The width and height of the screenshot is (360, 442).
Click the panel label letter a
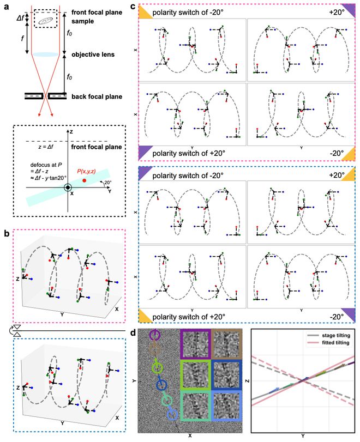pyautogui.click(x=5, y=6)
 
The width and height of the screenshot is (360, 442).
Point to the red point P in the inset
pyautogui.click(x=84, y=180)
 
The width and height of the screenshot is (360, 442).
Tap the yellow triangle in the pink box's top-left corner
pyautogui.click(x=145, y=11)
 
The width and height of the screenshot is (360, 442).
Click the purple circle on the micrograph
pyautogui.click(x=155, y=335)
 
